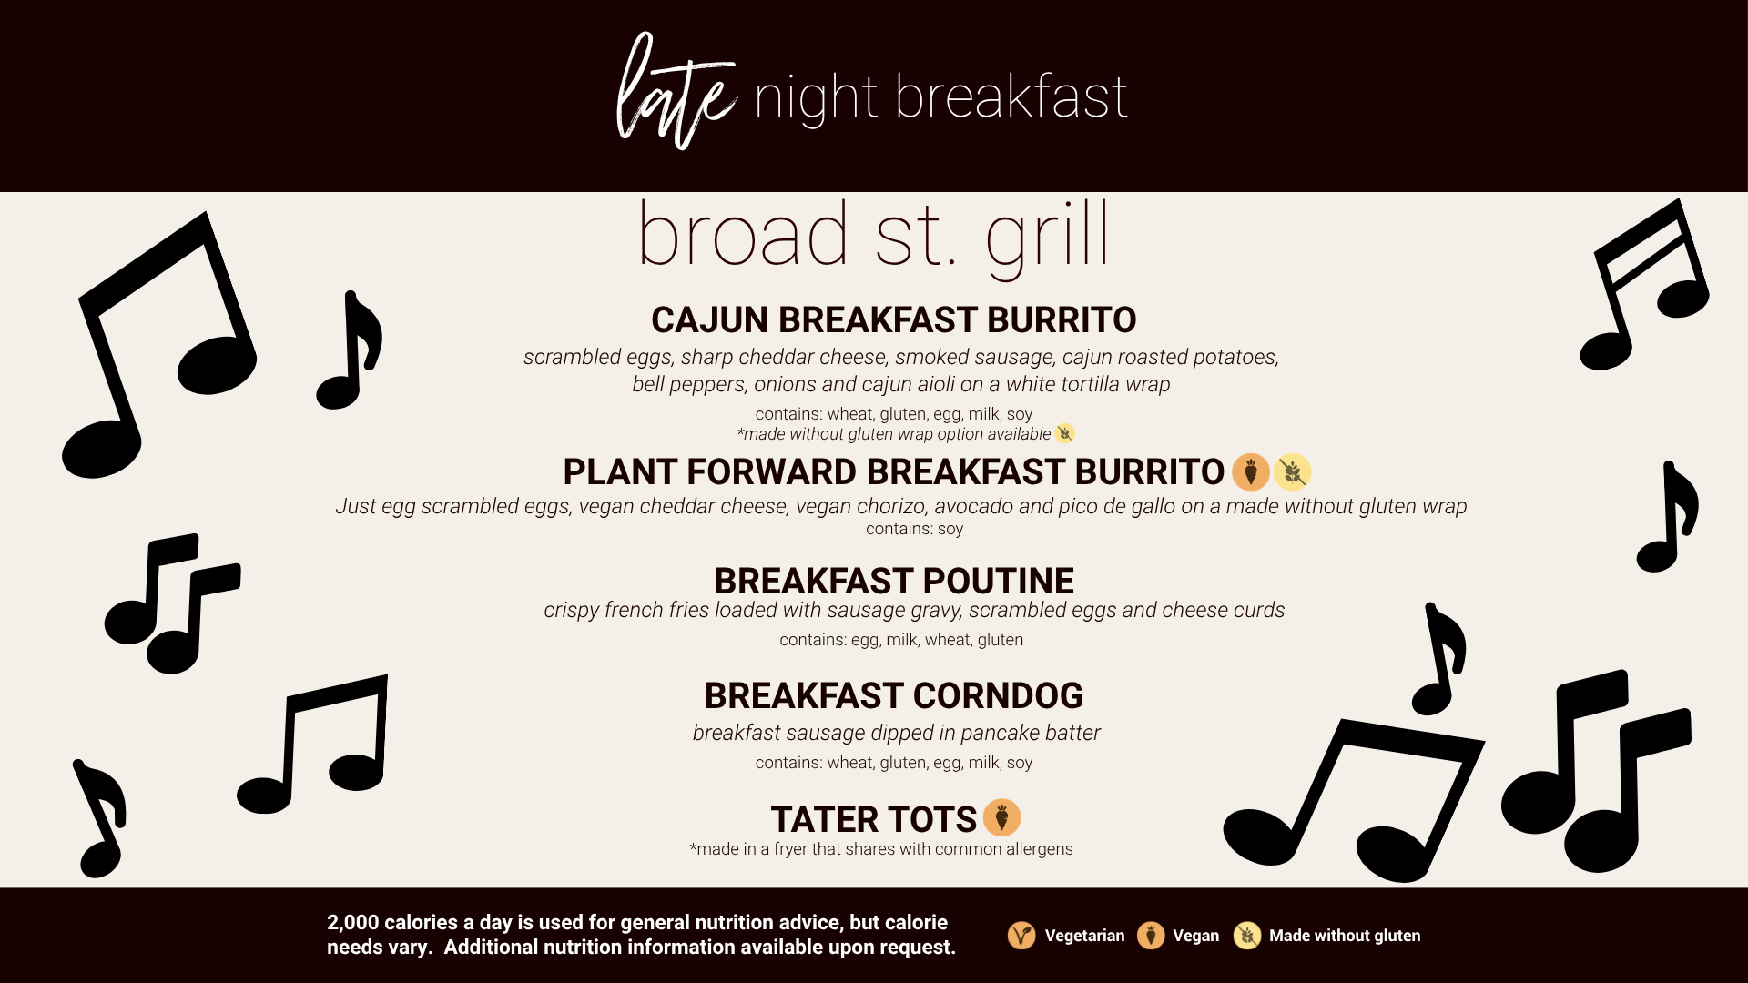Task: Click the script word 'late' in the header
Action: tap(676, 91)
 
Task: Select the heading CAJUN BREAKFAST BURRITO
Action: tap(893, 319)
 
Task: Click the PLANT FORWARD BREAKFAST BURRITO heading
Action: tap(893, 471)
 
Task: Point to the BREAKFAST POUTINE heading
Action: tap(893, 581)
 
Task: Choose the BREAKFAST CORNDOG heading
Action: tap(893, 695)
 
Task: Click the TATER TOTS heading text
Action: tap(873, 819)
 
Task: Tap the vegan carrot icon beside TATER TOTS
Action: tap(1001, 817)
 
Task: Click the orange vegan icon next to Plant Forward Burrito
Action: tap(1251, 471)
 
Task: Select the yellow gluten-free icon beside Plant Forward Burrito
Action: tap(1292, 471)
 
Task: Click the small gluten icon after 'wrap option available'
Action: tap(1064, 433)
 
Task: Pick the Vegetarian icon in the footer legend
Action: tap(1021, 935)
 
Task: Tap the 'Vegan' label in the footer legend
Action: tap(1195, 936)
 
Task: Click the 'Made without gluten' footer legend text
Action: tap(1345, 936)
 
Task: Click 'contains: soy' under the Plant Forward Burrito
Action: tap(914, 529)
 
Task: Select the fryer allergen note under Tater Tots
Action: tap(881, 849)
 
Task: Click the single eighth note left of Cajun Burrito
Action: tap(350, 350)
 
